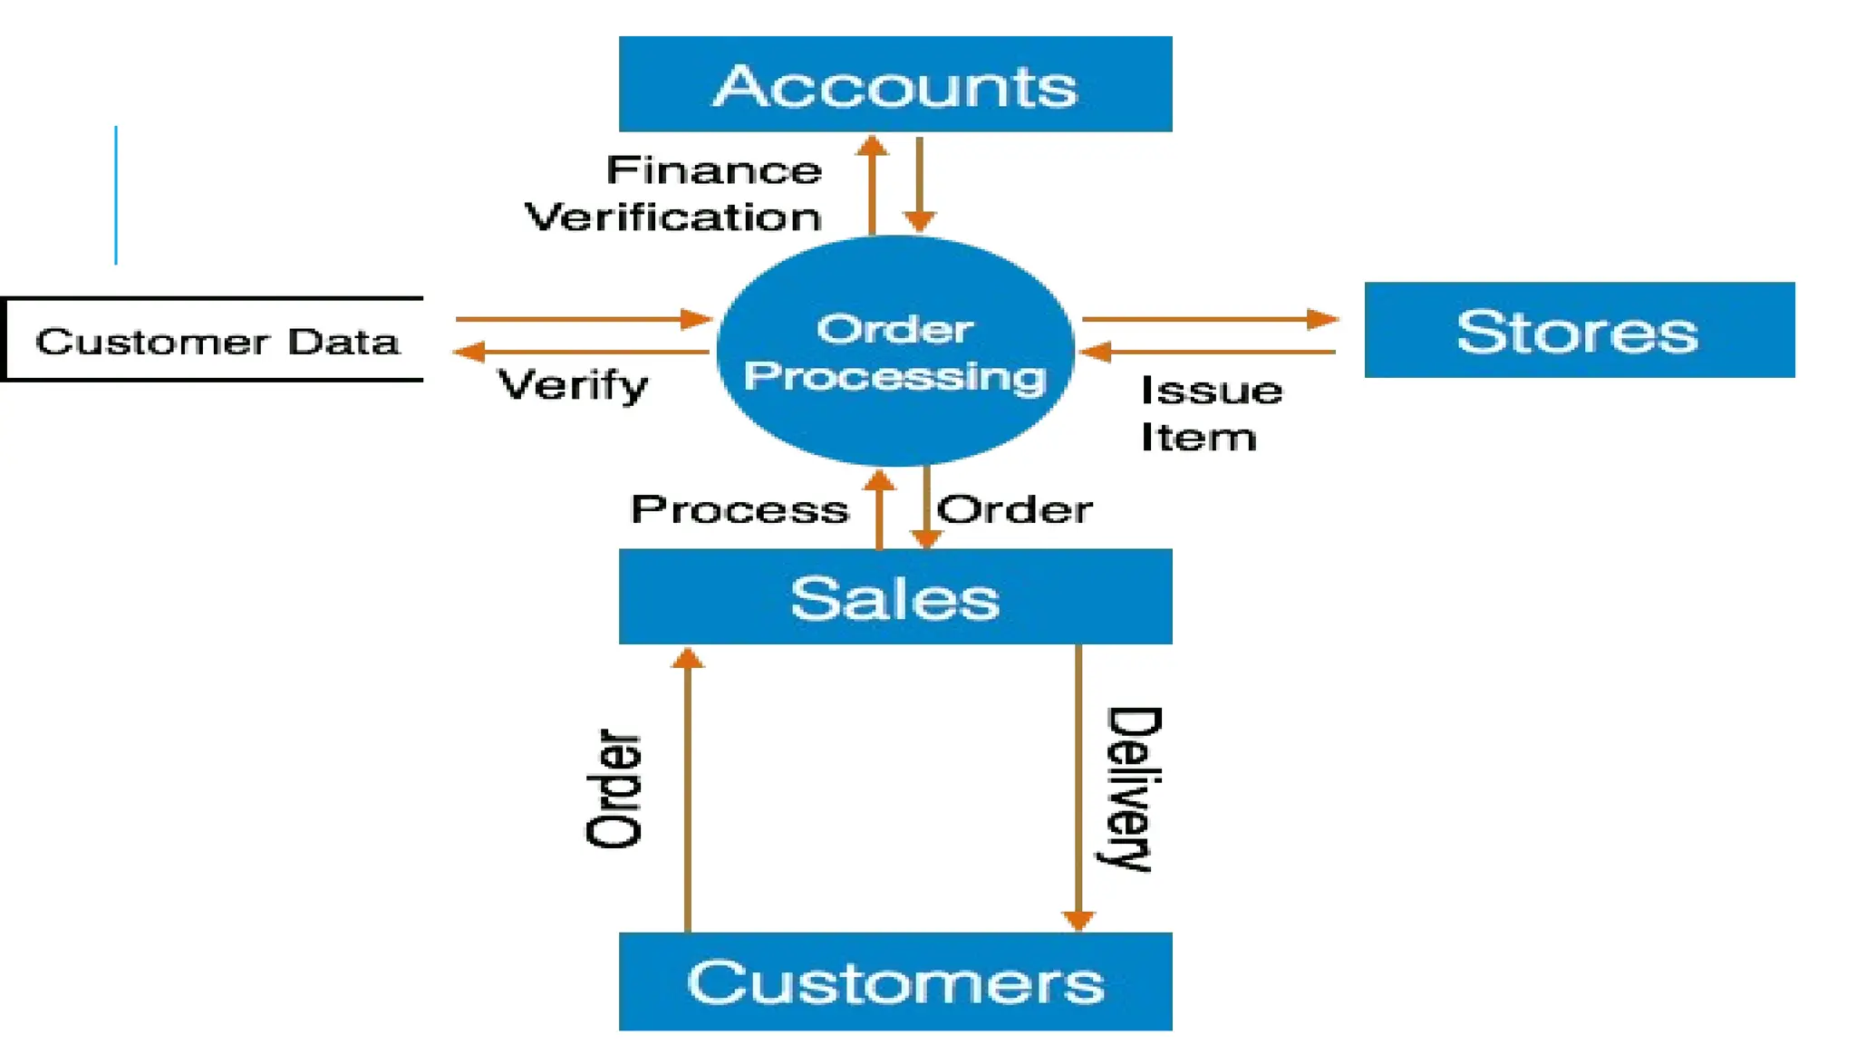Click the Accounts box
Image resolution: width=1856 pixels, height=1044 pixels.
894,84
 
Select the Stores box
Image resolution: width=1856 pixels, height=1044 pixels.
1579,330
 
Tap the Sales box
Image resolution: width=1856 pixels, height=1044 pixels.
894,596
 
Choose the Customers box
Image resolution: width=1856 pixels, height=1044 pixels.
894,981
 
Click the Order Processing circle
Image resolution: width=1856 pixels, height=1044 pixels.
894,352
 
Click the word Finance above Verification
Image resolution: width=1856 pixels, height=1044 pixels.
714,170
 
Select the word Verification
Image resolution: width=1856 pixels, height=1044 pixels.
673,217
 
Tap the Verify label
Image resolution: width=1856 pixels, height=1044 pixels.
573,386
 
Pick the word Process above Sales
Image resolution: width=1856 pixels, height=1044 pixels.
739,509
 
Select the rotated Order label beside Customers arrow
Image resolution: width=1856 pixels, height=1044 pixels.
614,788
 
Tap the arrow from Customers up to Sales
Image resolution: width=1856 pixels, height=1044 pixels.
688,788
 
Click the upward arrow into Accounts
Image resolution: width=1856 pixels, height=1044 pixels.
872,185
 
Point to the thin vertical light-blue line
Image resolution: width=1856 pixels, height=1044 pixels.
116,195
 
